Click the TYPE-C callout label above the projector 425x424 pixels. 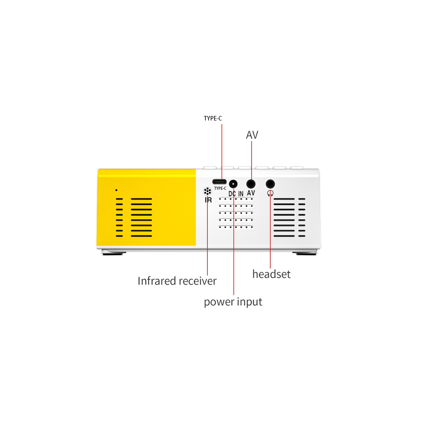pos(213,119)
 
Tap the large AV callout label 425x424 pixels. pos(252,135)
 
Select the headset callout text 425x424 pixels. pos(271,274)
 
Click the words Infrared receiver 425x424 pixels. pos(177,281)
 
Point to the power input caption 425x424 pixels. pos(233,302)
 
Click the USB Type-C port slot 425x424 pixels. pos(220,181)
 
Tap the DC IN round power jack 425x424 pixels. pos(233,184)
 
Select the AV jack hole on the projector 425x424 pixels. pos(251,184)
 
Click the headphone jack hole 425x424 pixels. pos(270,184)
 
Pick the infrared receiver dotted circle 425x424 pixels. pos(208,191)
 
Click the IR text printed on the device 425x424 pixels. pos(208,200)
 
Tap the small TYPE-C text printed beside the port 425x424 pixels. pos(220,188)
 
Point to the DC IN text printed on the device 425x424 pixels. pos(236,194)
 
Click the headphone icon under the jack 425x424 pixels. pos(270,193)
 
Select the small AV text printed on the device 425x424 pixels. pos(251,193)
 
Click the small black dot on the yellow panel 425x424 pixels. pos(116,190)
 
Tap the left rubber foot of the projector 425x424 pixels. pos(112,253)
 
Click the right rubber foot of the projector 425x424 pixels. pos(306,253)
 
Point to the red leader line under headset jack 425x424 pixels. pos(270,232)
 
